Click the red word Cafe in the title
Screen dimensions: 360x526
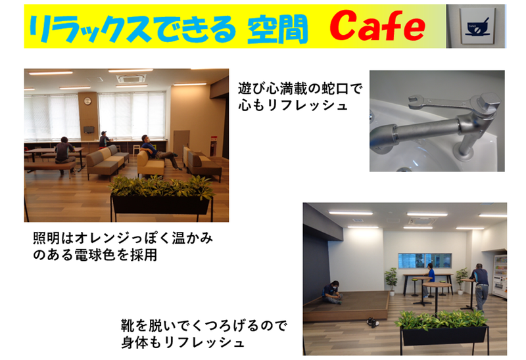377,26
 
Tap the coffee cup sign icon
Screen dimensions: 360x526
475,26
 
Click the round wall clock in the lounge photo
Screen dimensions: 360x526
87,101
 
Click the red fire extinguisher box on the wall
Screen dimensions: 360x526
212,145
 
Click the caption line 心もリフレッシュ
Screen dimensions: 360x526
293,105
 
